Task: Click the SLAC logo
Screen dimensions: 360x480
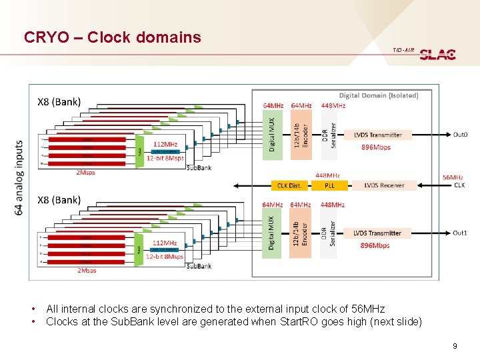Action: tap(437, 54)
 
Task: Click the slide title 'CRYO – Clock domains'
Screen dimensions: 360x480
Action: tap(112, 37)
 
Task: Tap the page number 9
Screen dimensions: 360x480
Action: tap(454, 345)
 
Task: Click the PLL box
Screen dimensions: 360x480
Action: tap(329, 185)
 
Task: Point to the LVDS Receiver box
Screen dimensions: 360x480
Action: tap(383, 185)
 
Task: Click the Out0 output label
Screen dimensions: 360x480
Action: tap(460, 135)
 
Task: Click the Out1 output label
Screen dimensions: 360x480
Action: tap(460, 233)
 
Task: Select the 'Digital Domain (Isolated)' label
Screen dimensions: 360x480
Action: tap(379, 95)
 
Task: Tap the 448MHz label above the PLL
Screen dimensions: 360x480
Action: tap(329, 175)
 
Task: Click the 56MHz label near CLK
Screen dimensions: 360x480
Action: tap(453, 177)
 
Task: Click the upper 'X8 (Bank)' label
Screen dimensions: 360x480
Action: tap(59, 102)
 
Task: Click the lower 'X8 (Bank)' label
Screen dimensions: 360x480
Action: tap(59, 200)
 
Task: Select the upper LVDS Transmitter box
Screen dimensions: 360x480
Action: tap(377, 135)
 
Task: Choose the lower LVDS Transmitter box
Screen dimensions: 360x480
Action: tap(377, 233)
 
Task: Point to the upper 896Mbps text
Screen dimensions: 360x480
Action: tap(375, 147)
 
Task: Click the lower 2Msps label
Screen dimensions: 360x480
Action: tap(86, 270)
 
